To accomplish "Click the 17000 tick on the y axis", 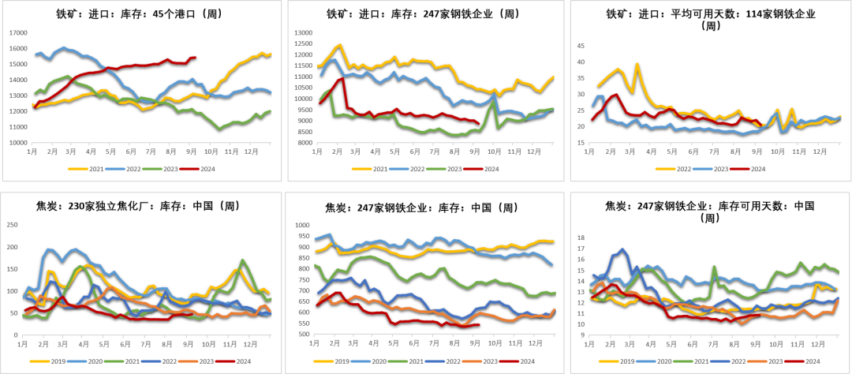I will (x=17, y=33).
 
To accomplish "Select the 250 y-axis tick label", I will (x=11, y=225).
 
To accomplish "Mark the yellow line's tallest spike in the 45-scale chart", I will (x=637, y=64).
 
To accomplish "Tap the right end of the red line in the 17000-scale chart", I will (x=196, y=57).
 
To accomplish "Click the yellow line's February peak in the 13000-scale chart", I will (x=339, y=45).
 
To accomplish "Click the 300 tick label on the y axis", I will (x=302, y=335).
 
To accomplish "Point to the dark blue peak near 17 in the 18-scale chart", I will (x=622, y=249).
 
